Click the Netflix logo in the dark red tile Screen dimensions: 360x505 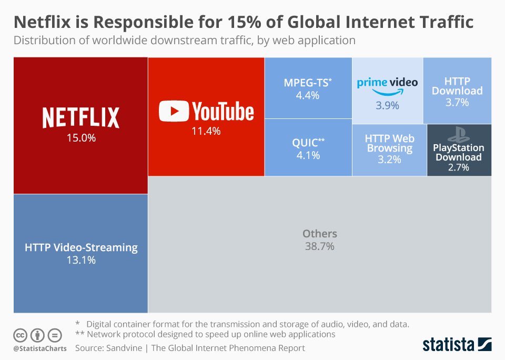80,117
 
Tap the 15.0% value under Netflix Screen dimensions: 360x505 80,139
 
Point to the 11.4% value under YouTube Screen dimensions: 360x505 206,132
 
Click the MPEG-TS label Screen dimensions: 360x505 308,83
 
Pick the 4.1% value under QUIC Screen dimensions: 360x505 308,155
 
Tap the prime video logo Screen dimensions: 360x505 387,84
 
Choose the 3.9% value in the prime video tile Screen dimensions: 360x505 387,106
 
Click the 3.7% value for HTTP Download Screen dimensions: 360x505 457,103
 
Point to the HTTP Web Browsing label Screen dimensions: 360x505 389,143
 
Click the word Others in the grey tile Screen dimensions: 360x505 319,234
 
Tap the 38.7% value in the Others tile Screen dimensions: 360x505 319,246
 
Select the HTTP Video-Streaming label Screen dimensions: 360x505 81,247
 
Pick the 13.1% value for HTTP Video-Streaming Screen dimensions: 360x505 81,259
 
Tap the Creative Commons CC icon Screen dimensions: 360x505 21,335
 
